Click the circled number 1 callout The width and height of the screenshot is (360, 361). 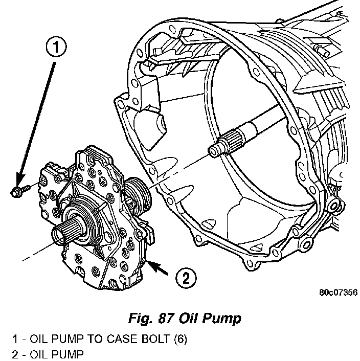point(56,47)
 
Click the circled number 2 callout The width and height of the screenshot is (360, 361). point(186,278)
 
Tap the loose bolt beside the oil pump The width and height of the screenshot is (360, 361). point(20,190)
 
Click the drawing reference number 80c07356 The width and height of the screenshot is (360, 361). point(338,292)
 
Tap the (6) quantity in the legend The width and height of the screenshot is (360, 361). point(181,340)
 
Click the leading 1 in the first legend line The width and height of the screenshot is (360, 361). point(15,339)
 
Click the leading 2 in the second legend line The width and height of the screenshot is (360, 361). point(15,354)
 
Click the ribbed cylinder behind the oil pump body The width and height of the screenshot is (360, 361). point(138,193)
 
